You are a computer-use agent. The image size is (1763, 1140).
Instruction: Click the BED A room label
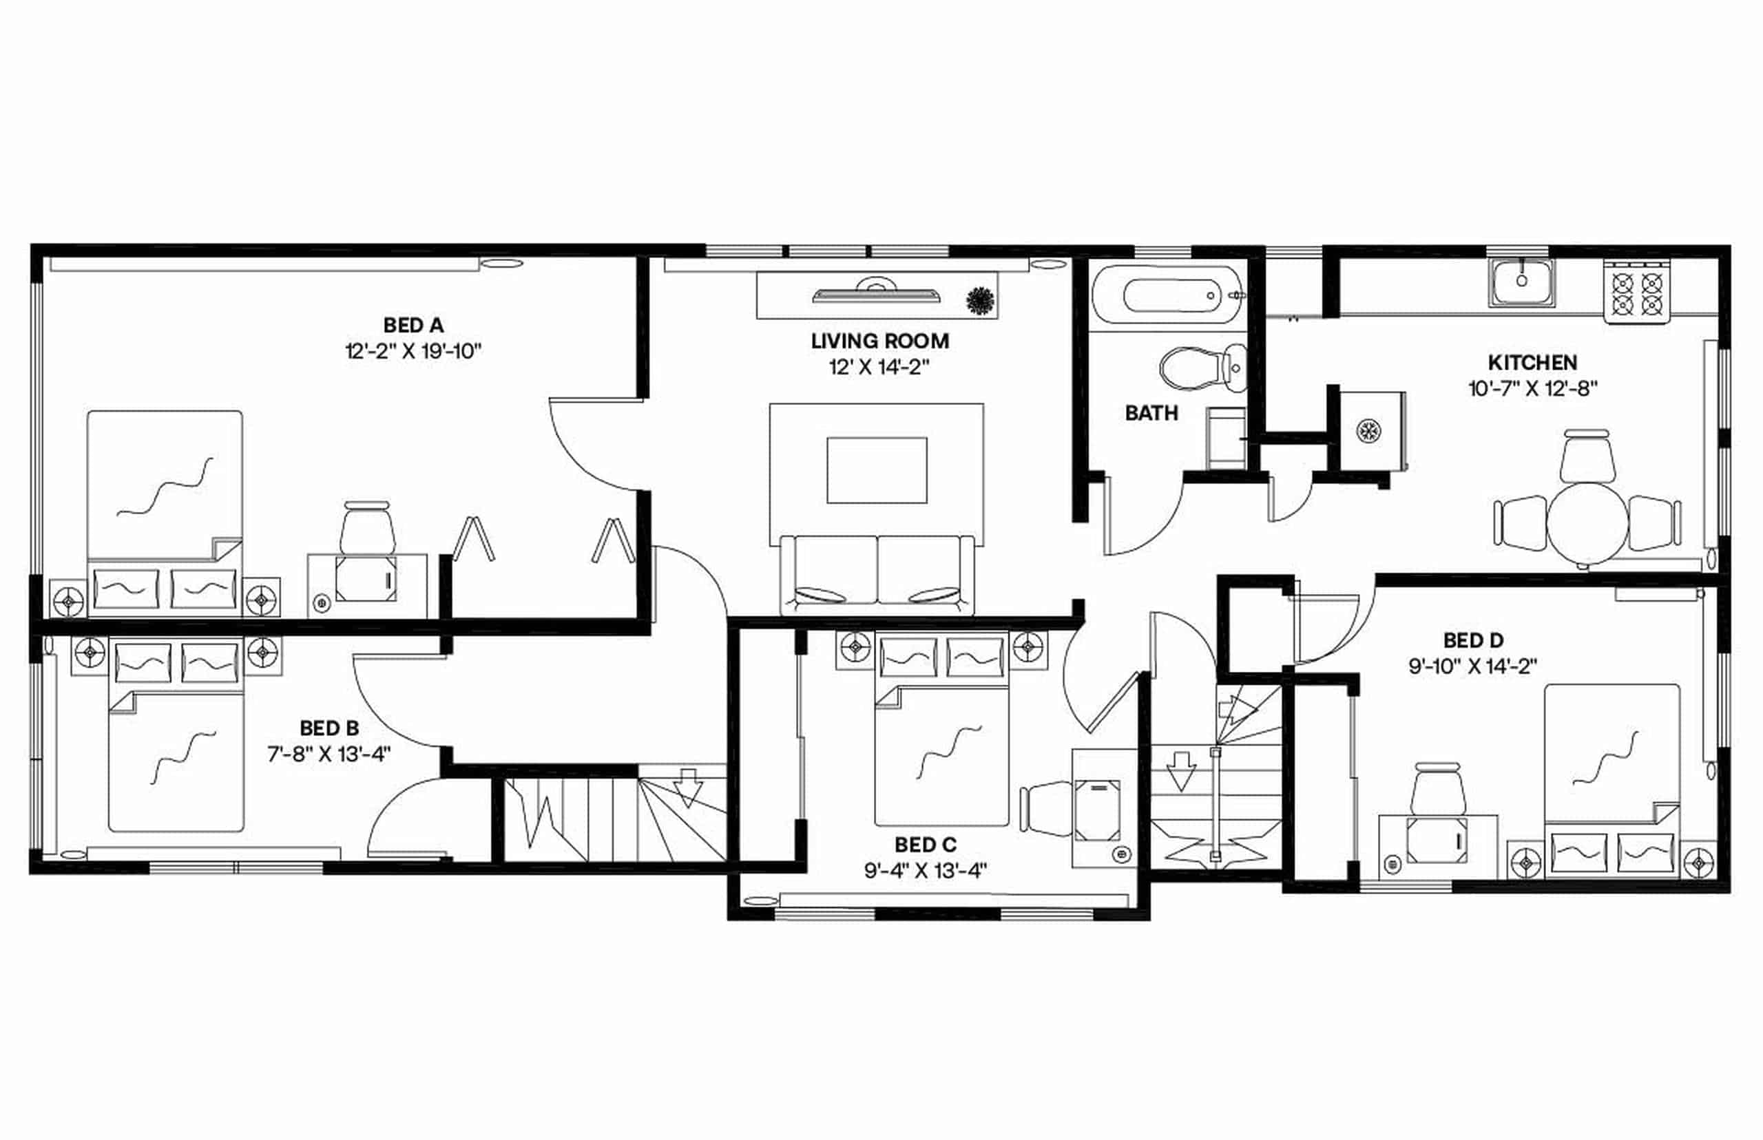point(413,325)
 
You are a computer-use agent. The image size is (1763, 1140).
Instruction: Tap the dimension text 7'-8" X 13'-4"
point(328,754)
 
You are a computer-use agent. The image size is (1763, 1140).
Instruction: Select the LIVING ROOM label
point(879,341)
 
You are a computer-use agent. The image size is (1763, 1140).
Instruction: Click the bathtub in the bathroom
point(1168,295)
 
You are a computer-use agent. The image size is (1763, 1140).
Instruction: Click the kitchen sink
point(1521,282)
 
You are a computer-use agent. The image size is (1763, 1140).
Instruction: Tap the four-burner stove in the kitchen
point(1637,293)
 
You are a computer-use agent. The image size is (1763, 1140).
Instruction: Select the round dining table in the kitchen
point(1587,524)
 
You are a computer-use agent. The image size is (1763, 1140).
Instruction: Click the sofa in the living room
point(877,573)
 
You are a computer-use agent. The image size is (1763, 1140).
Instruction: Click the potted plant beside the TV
point(981,301)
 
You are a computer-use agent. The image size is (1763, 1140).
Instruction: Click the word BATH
point(1151,413)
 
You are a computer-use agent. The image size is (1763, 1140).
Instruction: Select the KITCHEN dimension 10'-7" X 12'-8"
point(1532,389)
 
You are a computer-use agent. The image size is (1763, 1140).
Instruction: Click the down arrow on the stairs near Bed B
point(689,788)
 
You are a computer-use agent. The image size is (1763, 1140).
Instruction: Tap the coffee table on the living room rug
point(877,470)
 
